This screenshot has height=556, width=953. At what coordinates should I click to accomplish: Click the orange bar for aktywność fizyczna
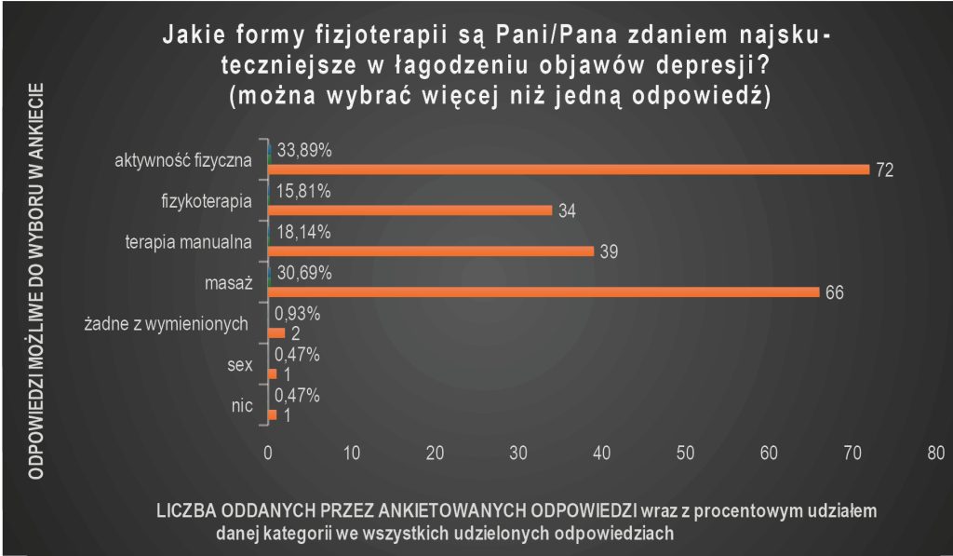(568, 170)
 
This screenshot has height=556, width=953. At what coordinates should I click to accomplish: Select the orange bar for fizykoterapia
(409, 210)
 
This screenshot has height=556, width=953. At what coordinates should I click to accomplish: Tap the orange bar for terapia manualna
(430, 251)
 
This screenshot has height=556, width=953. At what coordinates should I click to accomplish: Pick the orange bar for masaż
(544, 292)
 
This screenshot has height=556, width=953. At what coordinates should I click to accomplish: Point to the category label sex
(240, 366)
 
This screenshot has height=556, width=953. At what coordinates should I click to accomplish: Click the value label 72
(884, 170)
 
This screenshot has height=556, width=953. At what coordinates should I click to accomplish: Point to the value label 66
(835, 293)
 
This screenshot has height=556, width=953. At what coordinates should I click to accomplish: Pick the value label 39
(609, 252)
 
